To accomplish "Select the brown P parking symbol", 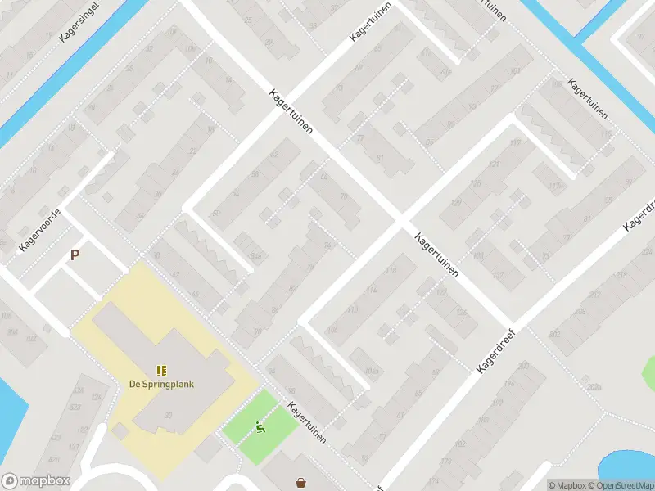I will [x=75, y=255].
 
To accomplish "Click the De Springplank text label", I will [x=161, y=385].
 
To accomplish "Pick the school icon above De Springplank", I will [x=161, y=371].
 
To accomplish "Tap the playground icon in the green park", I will [x=261, y=426].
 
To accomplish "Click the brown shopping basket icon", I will [x=301, y=483].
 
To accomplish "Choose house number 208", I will [x=580, y=312].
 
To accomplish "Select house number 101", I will [x=515, y=71].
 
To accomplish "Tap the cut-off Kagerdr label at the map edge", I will [x=639, y=214].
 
